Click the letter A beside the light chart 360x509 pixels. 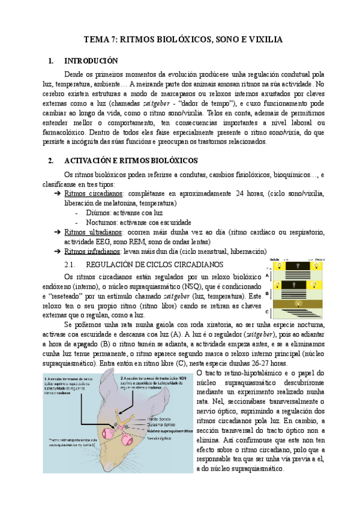267,276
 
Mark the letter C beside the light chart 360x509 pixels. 267,313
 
